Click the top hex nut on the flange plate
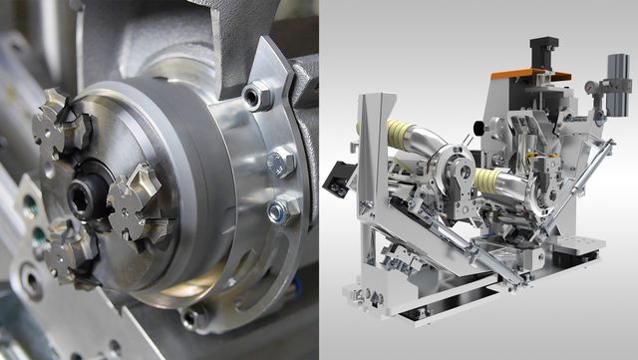click(256, 97)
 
